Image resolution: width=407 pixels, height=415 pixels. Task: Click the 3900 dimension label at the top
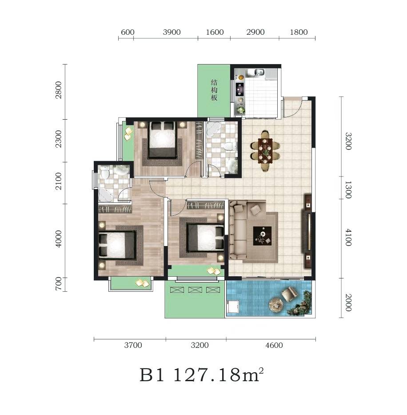click(x=172, y=32)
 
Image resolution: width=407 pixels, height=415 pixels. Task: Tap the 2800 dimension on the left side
click(x=59, y=90)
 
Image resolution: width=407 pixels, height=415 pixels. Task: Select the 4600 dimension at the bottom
click(x=274, y=345)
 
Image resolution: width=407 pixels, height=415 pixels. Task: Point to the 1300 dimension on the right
click(x=348, y=190)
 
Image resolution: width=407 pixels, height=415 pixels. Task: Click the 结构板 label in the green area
click(x=214, y=90)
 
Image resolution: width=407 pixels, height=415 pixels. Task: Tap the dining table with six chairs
click(x=265, y=151)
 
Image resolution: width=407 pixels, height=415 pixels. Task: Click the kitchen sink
click(x=256, y=72)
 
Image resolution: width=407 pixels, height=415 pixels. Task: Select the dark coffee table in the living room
click(x=262, y=236)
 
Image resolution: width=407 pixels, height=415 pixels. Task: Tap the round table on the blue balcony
click(x=276, y=305)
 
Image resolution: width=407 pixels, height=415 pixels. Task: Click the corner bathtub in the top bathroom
click(x=213, y=129)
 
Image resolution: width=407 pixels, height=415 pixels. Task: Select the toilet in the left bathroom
click(x=105, y=173)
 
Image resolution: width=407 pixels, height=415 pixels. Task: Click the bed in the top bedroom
click(x=163, y=140)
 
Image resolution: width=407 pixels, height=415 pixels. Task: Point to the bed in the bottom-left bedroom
click(x=117, y=244)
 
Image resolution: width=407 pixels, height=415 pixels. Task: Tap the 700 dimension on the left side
click(x=59, y=284)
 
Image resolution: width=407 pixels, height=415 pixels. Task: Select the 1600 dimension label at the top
click(x=215, y=32)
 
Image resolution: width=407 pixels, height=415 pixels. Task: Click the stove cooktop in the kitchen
click(x=240, y=89)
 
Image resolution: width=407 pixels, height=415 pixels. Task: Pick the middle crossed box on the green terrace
click(x=195, y=290)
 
